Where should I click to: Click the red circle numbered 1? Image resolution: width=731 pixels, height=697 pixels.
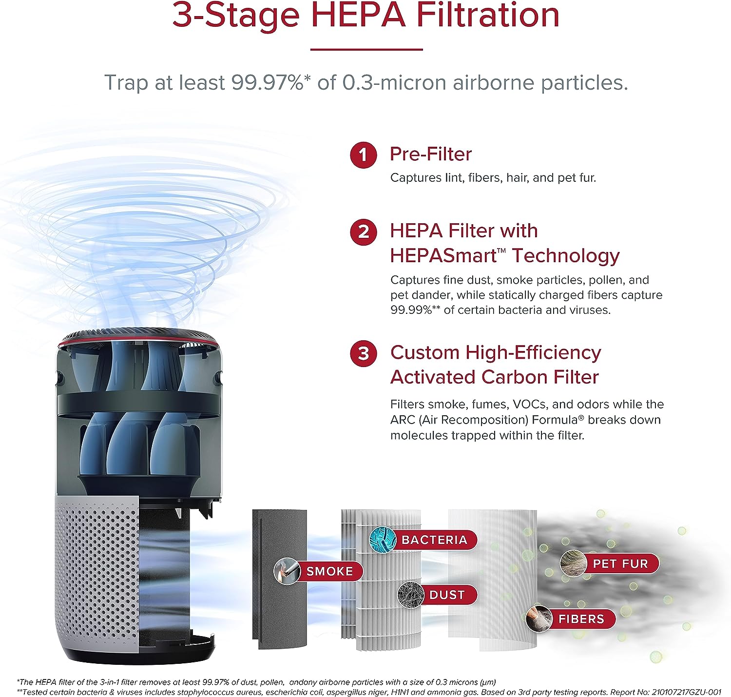[x=363, y=155]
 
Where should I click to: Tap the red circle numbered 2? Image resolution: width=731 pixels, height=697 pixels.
[x=363, y=232]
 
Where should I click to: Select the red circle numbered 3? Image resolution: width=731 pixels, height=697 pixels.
[x=363, y=353]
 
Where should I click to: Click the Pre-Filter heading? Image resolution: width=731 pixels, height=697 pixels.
[x=431, y=154]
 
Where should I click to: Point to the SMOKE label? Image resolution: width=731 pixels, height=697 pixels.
[x=329, y=571]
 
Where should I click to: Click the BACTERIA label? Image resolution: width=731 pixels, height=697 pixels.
[x=434, y=540]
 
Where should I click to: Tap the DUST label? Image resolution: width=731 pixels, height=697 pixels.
[x=447, y=595]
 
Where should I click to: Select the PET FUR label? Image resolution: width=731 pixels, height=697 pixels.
[x=620, y=563]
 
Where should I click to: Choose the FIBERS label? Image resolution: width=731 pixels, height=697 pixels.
[x=581, y=619]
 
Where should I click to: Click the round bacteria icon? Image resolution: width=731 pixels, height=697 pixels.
[x=383, y=540]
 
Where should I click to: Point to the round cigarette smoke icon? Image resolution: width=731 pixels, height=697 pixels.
[x=287, y=571]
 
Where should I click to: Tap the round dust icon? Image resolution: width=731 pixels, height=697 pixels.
[x=411, y=595]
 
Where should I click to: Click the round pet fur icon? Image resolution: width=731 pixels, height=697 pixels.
[x=574, y=563]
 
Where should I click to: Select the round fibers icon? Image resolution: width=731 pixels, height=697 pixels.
[x=539, y=619]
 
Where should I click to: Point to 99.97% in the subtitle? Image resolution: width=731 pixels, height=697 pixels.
[x=268, y=82]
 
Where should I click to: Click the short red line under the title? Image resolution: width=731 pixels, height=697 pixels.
[x=366, y=49]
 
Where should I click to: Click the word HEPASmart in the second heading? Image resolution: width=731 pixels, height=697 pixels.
[x=443, y=255]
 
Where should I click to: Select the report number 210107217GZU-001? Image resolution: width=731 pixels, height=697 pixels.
[x=686, y=692]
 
